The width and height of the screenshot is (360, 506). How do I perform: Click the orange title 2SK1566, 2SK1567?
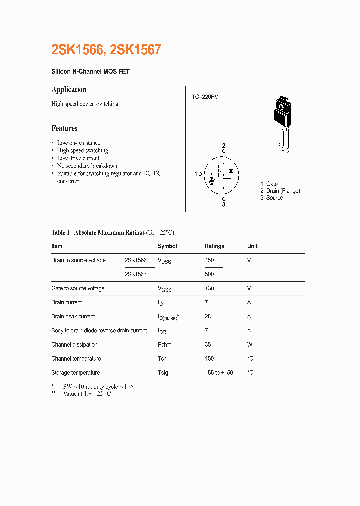(x=106, y=50)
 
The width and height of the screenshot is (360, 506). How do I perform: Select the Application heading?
(x=69, y=90)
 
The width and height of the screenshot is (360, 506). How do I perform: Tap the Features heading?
(x=64, y=128)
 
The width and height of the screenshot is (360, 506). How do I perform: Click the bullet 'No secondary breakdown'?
(x=87, y=166)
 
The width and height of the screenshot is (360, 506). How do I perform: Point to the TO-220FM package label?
(x=205, y=97)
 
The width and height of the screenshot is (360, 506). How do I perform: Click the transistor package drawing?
(x=282, y=120)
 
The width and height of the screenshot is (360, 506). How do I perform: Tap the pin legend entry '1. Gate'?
(x=269, y=184)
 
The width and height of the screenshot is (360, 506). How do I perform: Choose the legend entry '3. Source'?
(x=271, y=198)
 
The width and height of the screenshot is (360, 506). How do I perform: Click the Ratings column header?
(x=214, y=246)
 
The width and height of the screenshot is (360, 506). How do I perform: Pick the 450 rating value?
(x=209, y=260)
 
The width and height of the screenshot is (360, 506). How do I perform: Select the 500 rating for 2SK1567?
(x=209, y=274)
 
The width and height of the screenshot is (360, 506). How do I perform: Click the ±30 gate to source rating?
(x=210, y=288)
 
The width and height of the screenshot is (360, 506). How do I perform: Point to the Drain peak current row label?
(x=73, y=316)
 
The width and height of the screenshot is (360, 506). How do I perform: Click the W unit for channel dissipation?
(x=250, y=345)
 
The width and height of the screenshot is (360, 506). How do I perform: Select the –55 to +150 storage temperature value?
(x=219, y=373)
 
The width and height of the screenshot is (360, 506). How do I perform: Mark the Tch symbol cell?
(x=162, y=359)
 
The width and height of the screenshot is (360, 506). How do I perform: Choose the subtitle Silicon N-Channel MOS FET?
(x=90, y=72)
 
